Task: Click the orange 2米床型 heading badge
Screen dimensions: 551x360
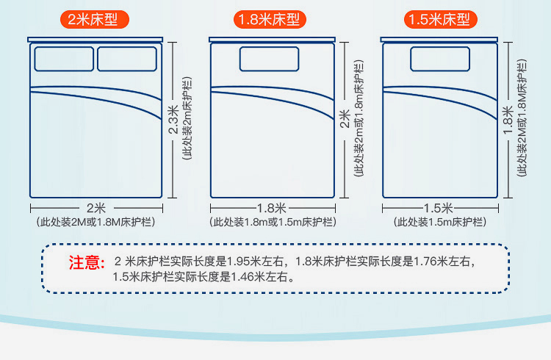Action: [x=97, y=20]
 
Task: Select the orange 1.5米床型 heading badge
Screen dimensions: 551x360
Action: [x=439, y=20]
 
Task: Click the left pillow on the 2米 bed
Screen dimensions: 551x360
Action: [x=63, y=59]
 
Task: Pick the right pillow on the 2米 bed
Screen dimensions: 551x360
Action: [x=127, y=59]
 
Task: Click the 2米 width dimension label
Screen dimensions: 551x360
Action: [x=96, y=207]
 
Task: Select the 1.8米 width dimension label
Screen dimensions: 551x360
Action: [x=271, y=207]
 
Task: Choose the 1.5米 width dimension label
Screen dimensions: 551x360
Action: [x=439, y=207]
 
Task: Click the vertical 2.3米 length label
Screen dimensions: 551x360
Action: [x=173, y=120]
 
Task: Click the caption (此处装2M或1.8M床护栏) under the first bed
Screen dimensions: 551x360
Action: [x=96, y=221]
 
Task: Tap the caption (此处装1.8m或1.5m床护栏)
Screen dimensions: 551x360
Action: [x=273, y=221]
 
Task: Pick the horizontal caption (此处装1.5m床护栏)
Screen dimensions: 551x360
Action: [x=439, y=221]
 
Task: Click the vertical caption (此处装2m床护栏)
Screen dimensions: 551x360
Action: [x=187, y=119]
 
